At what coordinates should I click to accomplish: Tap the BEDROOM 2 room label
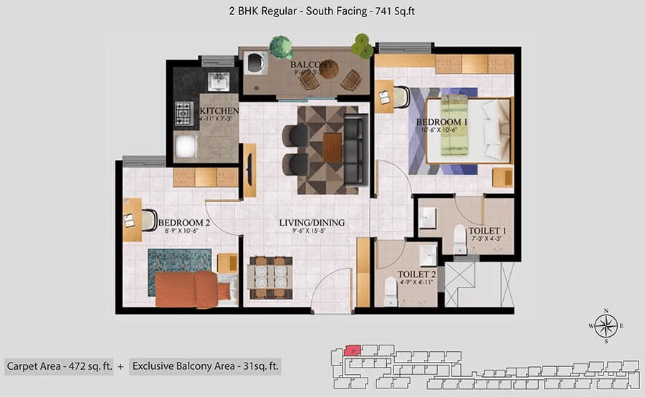(184, 223)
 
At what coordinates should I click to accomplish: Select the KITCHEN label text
(219, 111)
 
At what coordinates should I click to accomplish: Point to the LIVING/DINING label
(312, 223)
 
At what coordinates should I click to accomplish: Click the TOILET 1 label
(487, 231)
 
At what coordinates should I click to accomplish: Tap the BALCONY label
(312, 65)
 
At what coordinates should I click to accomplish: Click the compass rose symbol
(606, 327)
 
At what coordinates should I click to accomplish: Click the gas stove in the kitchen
(184, 113)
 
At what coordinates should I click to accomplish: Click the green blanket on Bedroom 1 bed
(454, 125)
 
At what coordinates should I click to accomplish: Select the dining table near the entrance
(269, 277)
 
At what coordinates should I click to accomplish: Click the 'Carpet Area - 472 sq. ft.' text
(59, 366)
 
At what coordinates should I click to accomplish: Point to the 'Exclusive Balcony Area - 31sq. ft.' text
(206, 366)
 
